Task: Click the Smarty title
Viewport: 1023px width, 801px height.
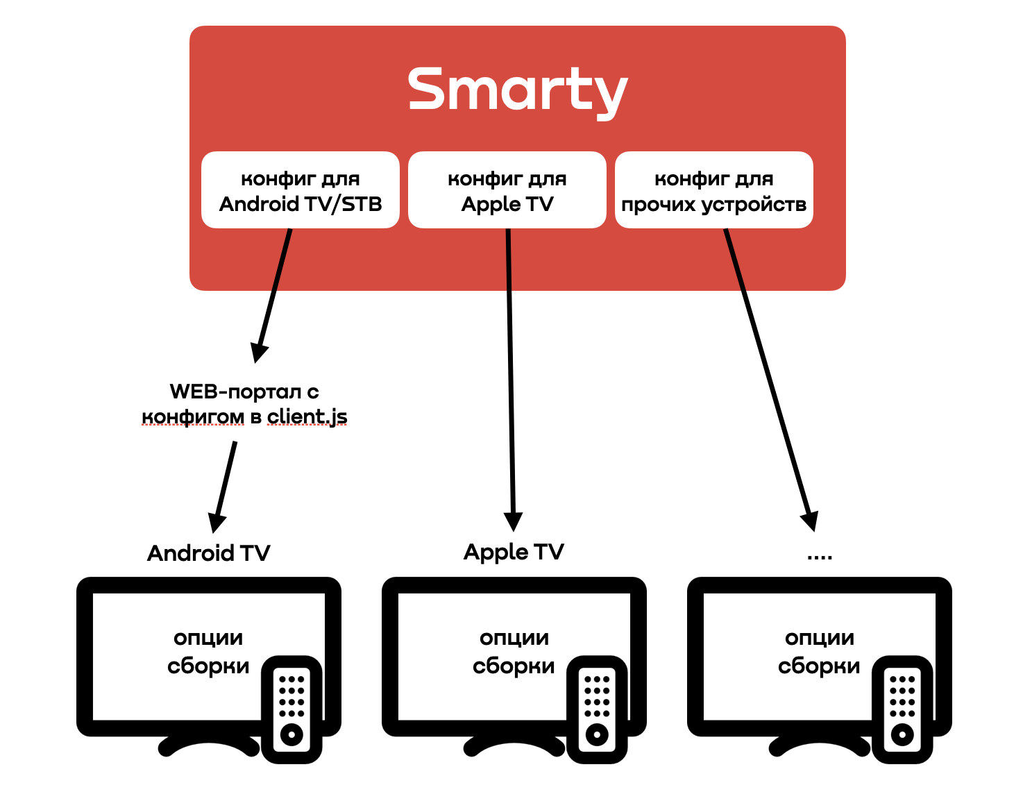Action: (517, 90)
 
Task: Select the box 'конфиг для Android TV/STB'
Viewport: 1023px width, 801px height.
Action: (300, 190)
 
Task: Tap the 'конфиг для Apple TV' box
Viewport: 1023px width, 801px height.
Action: (507, 190)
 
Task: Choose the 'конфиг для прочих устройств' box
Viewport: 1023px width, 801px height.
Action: (713, 190)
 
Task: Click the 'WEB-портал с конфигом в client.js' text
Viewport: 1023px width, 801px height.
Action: (244, 404)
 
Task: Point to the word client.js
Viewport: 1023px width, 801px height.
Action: (307, 416)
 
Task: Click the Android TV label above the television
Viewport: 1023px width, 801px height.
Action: (208, 553)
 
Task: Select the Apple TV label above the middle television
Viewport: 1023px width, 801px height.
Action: (514, 552)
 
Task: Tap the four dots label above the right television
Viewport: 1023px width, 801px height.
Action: (820, 556)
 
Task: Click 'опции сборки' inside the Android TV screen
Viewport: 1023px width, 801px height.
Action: (208, 652)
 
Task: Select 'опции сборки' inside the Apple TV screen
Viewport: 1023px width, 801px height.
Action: (514, 652)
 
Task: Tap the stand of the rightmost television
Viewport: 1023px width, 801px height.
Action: (819, 746)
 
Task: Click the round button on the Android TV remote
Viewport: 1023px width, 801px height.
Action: (291, 734)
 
